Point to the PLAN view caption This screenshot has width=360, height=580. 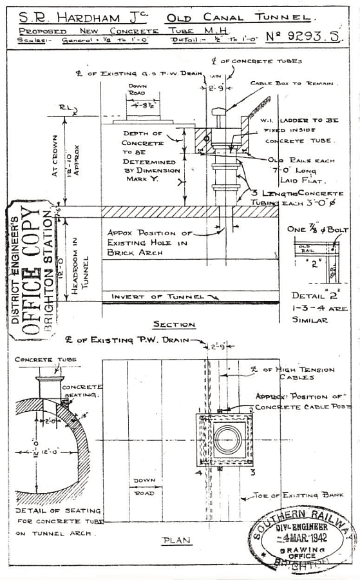coord(176,540)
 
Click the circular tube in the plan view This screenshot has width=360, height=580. coord(228,441)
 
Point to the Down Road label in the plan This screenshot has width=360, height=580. coord(144,485)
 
